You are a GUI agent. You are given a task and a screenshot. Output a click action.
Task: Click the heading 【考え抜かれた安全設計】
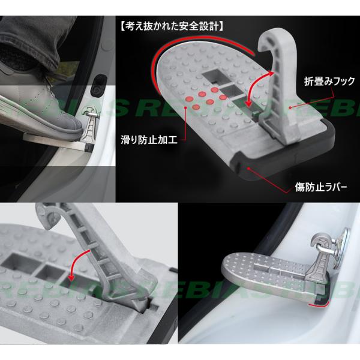click(x=171, y=26)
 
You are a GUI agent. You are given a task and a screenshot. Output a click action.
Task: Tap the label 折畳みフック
click(x=329, y=81)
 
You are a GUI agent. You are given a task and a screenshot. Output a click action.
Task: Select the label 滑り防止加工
click(x=149, y=140)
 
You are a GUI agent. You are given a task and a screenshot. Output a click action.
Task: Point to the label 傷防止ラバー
click(x=321, y=188)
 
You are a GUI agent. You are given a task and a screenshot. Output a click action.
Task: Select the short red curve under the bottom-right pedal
click(x=319, y=305)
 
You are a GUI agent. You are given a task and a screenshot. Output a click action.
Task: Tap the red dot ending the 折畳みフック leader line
click(x=290, y=107)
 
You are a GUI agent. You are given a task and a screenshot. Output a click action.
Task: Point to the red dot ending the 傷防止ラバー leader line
click(x=248, y=169)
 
